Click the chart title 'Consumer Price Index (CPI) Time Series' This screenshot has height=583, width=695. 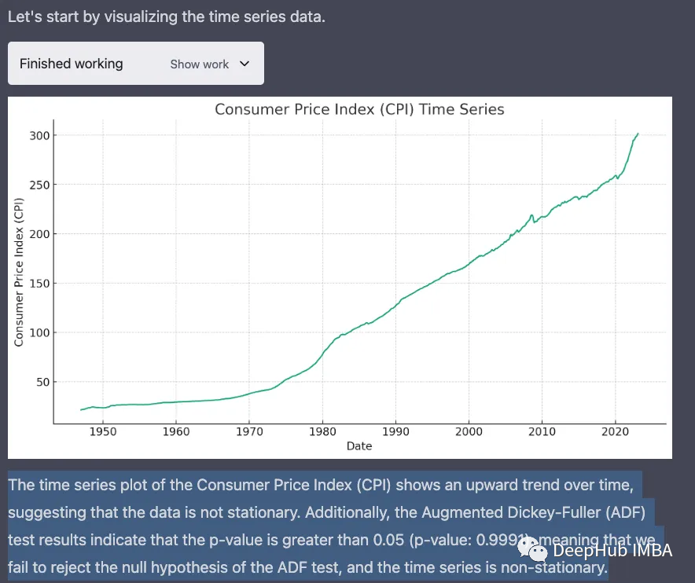click(x=359, y=109)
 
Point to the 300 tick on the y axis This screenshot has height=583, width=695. click(x=39, y=136)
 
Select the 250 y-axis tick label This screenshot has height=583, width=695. click(x=39, y=185)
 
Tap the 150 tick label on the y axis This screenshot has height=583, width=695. click(x=39, y=284)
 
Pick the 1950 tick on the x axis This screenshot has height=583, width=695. click(x=103, y=431)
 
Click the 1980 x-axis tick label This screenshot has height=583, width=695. click(x=322, y=431)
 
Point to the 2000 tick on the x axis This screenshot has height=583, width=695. click(x=469, y=431)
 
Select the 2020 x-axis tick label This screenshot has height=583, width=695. click(x=615, y=431)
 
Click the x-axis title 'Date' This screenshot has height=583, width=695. click(x=359, y=446)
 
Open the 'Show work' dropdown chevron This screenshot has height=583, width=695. click(x=244, y=64)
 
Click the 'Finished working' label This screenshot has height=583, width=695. click(x=72, y=64)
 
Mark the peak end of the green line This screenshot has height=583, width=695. click(x=638, y=134)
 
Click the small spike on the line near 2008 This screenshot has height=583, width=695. click(x=532, y=215)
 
